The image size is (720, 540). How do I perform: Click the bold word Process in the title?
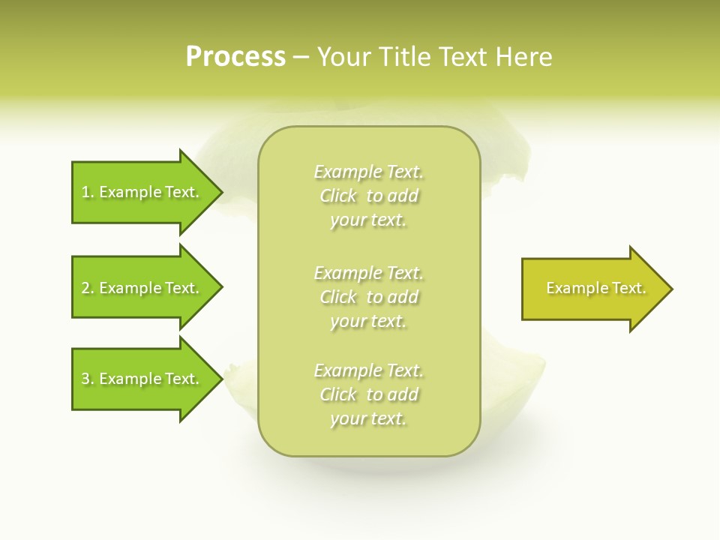click(x=235, y=56)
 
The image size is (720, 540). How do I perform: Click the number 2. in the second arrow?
click(x=88, y=288)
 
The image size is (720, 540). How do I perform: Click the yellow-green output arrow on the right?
click(x=592, y=289)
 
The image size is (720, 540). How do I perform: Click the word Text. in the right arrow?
click(x=629, y=288)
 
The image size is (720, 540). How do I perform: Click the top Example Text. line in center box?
click(x=369, y=172)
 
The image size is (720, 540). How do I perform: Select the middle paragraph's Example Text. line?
click(x=369, y=272)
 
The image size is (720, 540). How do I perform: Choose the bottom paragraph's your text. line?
click(x=368, y=419)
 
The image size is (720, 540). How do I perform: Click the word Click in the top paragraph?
click(x=338, y=196)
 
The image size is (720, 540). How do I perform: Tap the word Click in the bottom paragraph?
click(x=338, y=394)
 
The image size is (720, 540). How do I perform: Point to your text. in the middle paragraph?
click(x=368, y=322)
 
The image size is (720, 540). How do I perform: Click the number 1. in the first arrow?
click(x=88, y=192)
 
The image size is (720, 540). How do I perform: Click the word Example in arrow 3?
click(x=124, y=379)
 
